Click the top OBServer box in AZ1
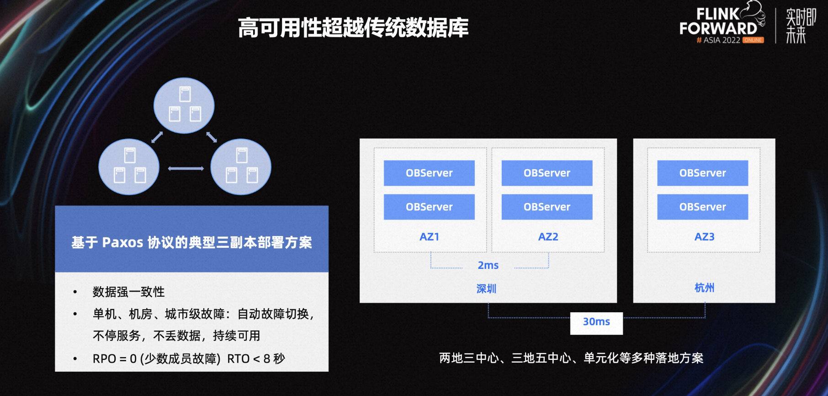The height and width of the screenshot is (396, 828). click(429, 173)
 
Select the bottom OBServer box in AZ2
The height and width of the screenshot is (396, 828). click(547, 207)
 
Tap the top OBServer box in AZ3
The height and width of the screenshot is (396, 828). click(703, 173)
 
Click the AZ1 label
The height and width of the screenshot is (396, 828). click(430, 237)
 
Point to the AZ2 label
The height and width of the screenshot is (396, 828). click(548, 237)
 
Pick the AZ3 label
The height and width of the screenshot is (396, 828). click(705, 237)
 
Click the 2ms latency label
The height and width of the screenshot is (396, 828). click(488, 265)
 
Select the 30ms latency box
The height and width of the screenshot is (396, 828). click(596, 323)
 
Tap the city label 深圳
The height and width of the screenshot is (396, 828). click(486, 289)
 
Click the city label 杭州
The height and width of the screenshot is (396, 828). click(704, 288)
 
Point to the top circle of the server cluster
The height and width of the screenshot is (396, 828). click(184, 106)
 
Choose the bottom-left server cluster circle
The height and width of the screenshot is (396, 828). click(129, 167)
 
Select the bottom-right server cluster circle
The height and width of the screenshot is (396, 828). click(241, 167)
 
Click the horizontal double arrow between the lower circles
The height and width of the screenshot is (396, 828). click(186, 169)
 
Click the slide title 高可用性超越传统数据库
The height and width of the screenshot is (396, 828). click(353, 27)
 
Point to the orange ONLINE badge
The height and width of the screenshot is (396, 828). click(753, 40)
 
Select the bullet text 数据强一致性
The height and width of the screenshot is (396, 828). click(128, 292)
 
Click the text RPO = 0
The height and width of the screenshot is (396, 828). click(115, 359)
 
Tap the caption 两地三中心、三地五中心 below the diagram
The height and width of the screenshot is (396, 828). click(505, 358)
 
